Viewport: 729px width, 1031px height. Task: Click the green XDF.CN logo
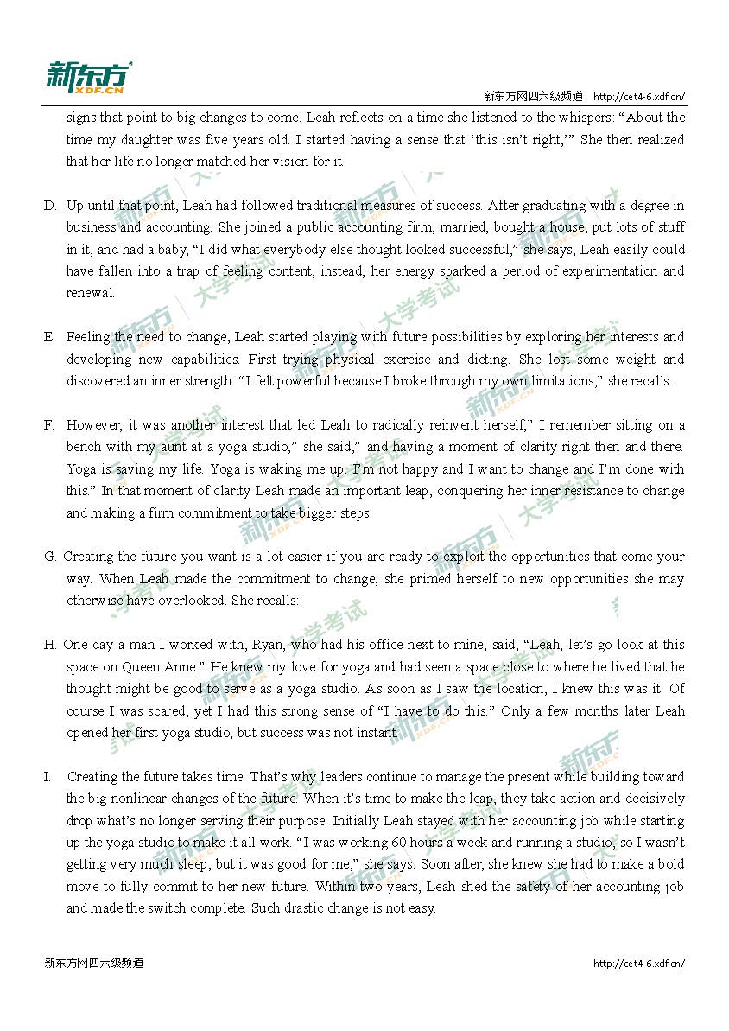[89, 78]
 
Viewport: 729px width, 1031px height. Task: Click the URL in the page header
[639, 96]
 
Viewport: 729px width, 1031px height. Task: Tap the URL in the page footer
[639, 963]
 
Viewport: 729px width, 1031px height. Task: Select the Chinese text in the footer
[93, 963]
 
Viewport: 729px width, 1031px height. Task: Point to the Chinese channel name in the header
[533, 96]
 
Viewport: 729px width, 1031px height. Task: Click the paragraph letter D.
[49, 206]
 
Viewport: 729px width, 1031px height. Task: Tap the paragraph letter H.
[49, 645]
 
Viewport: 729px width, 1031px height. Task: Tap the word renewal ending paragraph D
[90, 293]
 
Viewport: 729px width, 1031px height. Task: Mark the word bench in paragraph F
[84, 448]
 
